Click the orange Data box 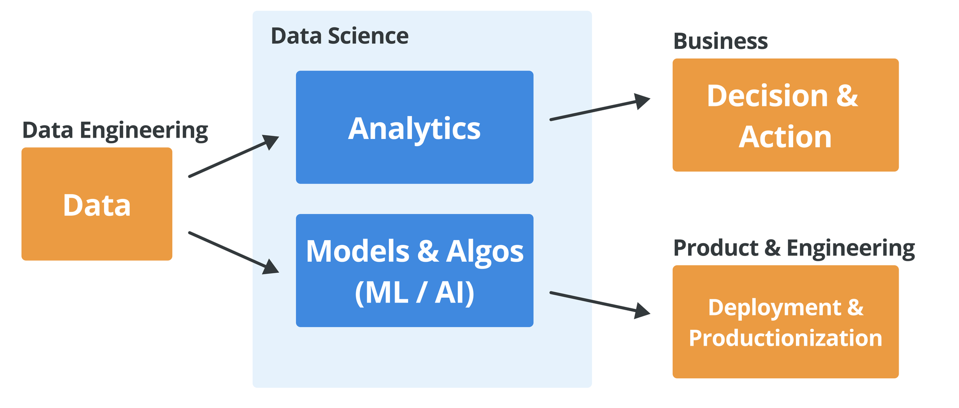coord(97,204)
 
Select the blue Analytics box coord(415,127)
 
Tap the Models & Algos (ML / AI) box coord(415,270)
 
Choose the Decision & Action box coord(785,115)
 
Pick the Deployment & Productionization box coord(785,322)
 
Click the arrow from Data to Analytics coord(234,156)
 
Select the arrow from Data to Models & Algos coord(234,253)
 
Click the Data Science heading coord(339,36)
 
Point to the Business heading coord(721,41)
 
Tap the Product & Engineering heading coord(794,248)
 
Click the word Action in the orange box coord(785,137)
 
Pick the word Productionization coord(785,338)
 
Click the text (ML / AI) coord(415,292)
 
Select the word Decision coord(768,96)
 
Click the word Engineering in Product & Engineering coord(851,248)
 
